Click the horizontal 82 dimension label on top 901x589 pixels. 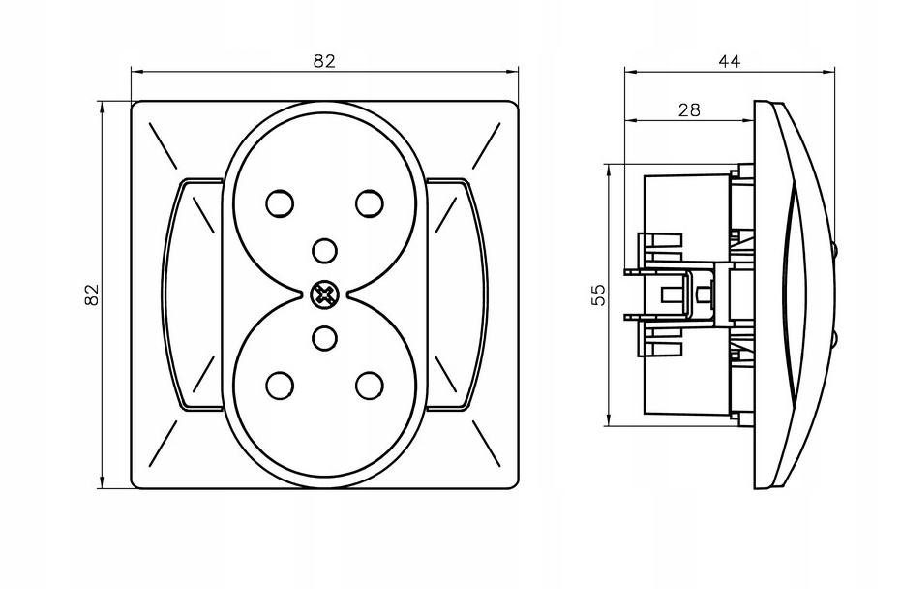324,60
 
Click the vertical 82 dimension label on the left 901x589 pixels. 92,294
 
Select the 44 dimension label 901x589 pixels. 729,60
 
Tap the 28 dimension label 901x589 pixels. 688,109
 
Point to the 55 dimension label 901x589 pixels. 598,294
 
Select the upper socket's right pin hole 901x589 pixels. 369,203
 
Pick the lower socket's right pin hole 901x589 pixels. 369,385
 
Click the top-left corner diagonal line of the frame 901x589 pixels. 160,138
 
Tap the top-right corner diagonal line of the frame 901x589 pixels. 487,138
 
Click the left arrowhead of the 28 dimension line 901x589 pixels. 630,121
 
